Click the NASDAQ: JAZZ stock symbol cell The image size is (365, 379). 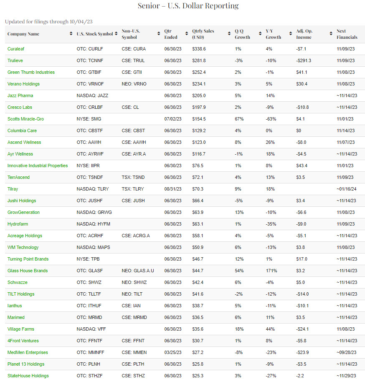(92, 95)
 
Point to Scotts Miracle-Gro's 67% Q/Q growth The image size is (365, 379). (239, 119)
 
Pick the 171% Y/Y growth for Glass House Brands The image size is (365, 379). (271, 271)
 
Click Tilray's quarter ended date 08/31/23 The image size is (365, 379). (173, 189)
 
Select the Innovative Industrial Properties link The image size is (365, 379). (38, 166)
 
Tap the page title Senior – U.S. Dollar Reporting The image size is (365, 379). (188, 6)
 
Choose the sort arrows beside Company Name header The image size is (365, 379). (71, 34)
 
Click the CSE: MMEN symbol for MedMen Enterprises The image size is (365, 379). (134, 352)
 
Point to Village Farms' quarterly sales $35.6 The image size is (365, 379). (199, 329)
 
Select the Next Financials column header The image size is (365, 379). (347, 34)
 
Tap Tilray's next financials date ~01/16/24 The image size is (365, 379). (347, 189)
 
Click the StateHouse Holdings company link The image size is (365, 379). (28, 376)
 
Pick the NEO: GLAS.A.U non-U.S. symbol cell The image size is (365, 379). (138, 271)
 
